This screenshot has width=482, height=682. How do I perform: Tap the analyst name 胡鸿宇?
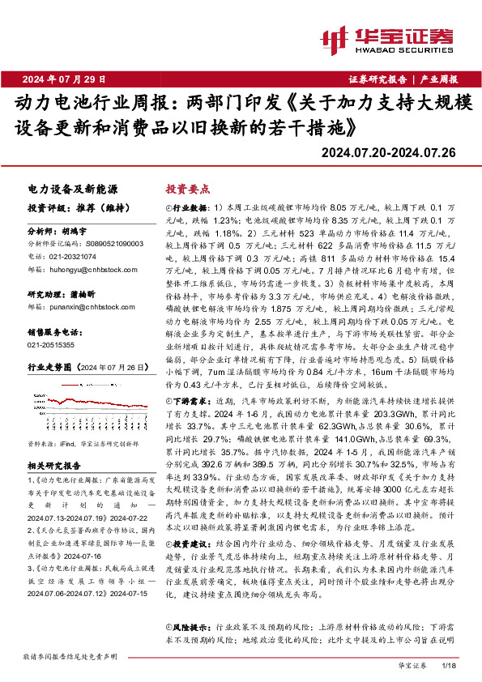(x=75, y=231)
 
